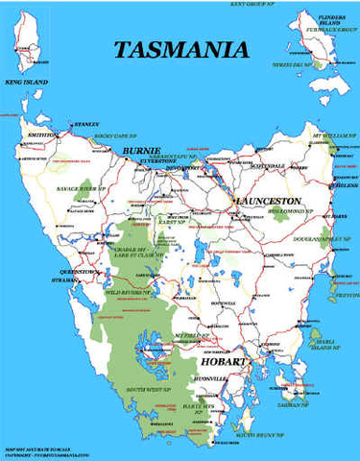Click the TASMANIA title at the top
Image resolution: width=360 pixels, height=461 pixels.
point(180,50)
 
